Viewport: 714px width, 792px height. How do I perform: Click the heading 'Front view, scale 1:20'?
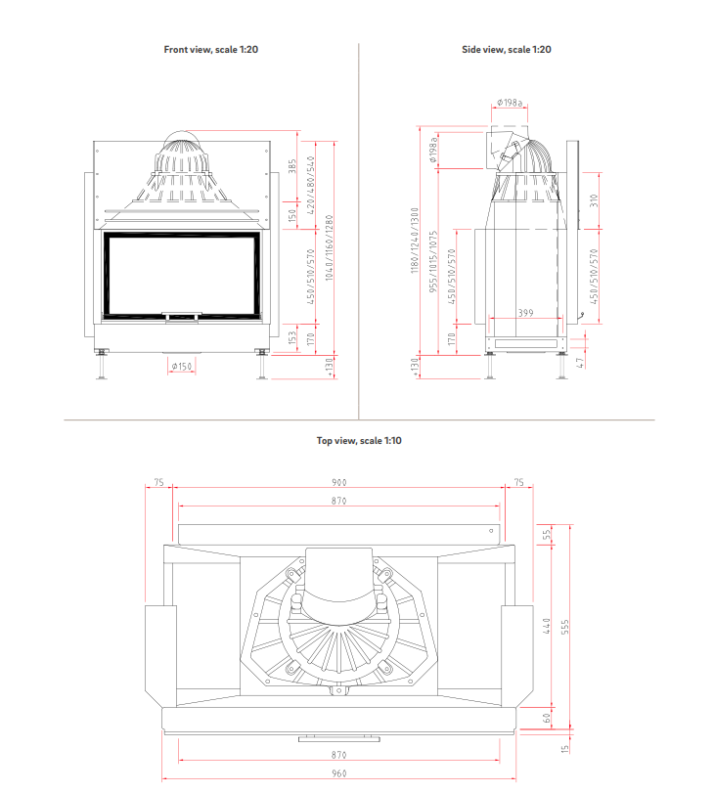pyautogui.click(x=210, y=48)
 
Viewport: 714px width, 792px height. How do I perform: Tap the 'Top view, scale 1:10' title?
pyautogui.click(x=359, y=441)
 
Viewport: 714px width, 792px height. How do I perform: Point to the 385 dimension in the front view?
pyautogui.click(x=292, y=166)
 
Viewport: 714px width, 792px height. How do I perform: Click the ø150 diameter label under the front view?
pyautogui.click(x=182, y=366)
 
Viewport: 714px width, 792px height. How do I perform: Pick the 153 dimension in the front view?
pyautogui.click(x=292, y=336)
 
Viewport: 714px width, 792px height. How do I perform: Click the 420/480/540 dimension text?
pyautogui.click(x=311, y=186)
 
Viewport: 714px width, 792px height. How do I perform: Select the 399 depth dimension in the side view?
pyautogui.click(x=525, y=313)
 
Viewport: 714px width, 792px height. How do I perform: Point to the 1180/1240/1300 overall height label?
pyautogui.click(x=415, y=241)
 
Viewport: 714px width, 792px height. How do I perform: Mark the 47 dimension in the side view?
pyautogui.click(x=581, y=362)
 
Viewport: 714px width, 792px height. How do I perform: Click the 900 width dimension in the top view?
pyautogui.click(x=338, y=482)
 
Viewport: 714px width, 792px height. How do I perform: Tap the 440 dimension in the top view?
pyautogui.click(x=548, y=625)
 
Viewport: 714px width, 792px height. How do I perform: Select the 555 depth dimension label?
pyautogui.click(x=565, y=626)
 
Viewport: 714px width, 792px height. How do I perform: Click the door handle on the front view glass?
pyautogui.click(x=182, y=315)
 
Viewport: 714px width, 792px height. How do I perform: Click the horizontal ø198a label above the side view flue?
pyautogui.click(x=510, y=102)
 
